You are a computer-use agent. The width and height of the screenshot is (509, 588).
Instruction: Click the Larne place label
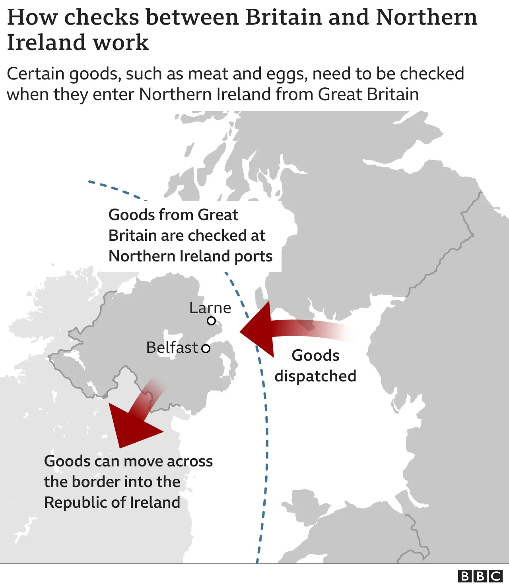pyautogui.click(x=210, y=308)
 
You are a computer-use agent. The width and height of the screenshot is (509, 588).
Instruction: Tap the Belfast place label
pyautogui.click(x=172, y=347)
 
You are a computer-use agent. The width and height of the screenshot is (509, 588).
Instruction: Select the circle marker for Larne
pyautogui.click(x=212, y=321)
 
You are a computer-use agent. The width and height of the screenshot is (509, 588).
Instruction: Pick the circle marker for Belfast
pyautogui.click(x=206, y=349)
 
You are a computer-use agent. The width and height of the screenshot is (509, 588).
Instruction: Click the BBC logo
pyautogui.click(x=480, y=576)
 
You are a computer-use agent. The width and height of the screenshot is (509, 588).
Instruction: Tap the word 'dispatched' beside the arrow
pyautogui.click(x=315, y=376)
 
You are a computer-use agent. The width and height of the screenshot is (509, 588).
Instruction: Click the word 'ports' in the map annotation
pyautogui.click(x=253, y=256)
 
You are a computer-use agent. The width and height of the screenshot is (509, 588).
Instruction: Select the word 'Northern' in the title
pyautogui.click(x=426, y=17)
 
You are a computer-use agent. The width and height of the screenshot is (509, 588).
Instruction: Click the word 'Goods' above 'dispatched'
pyautogui.click(x=315, y=356)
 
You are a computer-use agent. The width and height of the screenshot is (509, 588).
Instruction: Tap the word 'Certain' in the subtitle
pyautogui.click(x=35, y=74)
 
